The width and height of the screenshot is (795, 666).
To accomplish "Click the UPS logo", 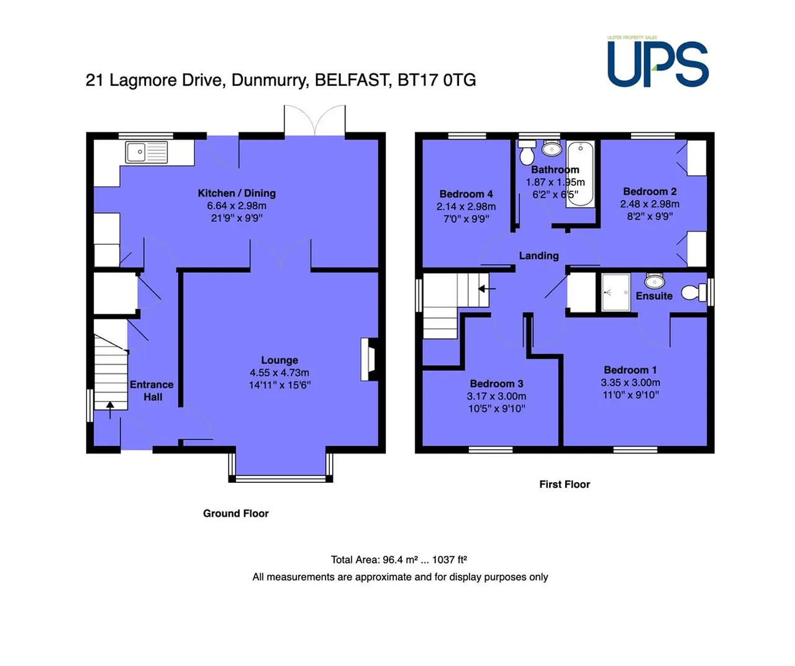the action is click(658, 62).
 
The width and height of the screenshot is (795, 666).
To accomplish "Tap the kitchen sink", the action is click(146, 152).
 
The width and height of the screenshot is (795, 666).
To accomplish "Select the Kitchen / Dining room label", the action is click(237, 193).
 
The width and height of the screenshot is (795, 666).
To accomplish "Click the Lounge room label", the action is click(279, 360).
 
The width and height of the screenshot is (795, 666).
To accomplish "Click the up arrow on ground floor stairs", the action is click(110, 410).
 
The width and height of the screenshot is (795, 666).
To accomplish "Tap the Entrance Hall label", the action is click(152, 391).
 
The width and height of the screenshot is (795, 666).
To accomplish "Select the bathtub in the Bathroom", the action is click(580, 174).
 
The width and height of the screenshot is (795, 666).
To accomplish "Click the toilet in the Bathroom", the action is click(527, 152).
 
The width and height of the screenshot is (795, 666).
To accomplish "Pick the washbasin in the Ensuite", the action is click(655, 281).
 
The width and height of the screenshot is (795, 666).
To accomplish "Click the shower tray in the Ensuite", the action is click(616, 293).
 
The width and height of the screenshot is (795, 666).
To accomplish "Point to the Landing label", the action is click(538, 255).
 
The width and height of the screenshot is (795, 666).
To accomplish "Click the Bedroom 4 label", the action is click(466, 194).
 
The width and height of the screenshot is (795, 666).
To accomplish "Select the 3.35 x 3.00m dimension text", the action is click(630, 382).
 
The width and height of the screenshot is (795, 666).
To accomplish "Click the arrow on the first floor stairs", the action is click(486, 289).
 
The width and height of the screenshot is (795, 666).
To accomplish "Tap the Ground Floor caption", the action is click(235, 513).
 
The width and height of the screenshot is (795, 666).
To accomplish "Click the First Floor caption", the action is click(565, 485).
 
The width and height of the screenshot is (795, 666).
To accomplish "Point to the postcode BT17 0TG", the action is click(437, 80).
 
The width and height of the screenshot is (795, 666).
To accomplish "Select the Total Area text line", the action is click(399, 560).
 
